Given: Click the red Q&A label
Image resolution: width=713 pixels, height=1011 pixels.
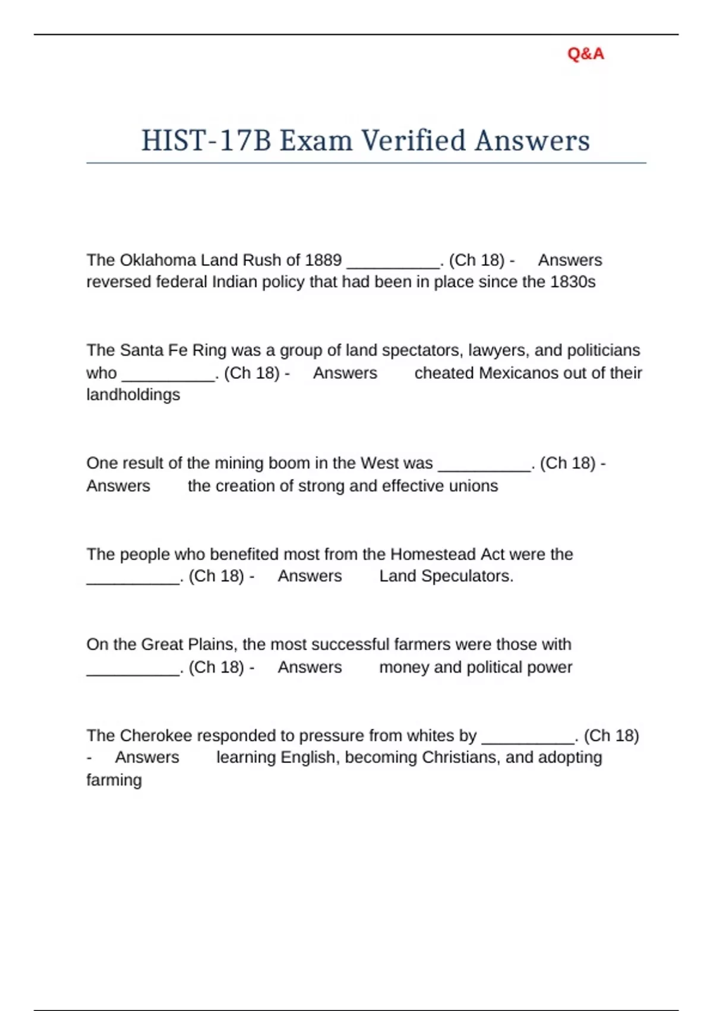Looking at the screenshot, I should tap(585, 54).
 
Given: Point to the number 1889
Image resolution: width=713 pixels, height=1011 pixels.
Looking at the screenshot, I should tap(323, 260).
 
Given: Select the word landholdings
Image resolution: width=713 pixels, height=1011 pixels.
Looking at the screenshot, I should tap(133, 395).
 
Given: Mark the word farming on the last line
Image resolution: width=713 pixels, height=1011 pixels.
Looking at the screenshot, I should tap(114, 780).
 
